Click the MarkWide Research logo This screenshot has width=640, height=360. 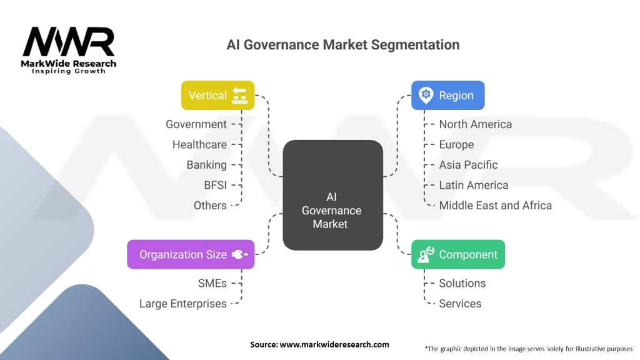(x=69, y=50)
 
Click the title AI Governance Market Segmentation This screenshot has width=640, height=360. (x=342, y=45)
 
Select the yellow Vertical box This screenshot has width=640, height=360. (x=218, y=96)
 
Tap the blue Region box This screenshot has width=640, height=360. (x=447, y=96)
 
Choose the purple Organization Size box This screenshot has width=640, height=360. (x=191, y=254)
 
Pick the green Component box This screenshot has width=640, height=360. (x=457, y=254)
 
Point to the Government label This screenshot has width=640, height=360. (x=196, y=124)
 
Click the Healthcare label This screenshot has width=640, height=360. (x=199, y=144)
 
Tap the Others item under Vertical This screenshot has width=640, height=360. (x=210, y=205)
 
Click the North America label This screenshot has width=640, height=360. (x=475, y=124)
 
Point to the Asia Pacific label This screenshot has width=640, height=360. (x=468, y=165)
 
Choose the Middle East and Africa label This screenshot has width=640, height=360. (x=495, y=205)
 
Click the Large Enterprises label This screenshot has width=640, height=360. (x=183, y=303)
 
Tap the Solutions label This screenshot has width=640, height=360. (x=462, y=283)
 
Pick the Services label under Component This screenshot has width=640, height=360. (x=460, y=303)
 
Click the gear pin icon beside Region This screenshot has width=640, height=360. (x=426, y=95)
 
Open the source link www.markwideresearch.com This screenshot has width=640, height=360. (x=334, y=344)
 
